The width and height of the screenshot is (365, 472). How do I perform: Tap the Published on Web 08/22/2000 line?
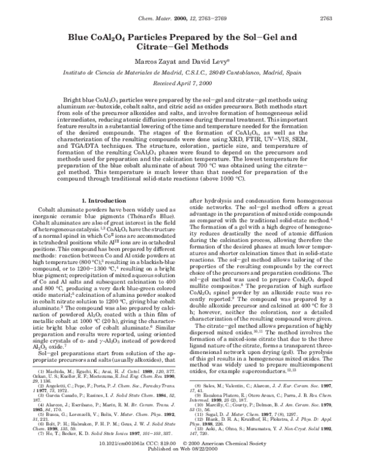coord(182,460)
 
